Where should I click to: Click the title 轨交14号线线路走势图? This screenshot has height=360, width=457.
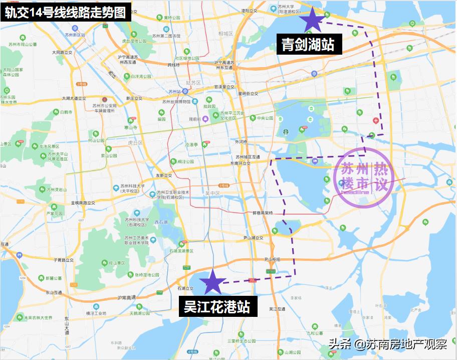click(x=66, y=12)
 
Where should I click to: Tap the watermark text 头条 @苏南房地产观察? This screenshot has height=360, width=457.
click(x=387, y=344)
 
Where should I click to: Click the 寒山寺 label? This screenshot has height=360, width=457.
click(x=131, y=127)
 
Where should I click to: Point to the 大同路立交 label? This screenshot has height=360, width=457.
click(x=62, y=52)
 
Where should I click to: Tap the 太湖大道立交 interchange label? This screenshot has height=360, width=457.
click(x=73, y=98)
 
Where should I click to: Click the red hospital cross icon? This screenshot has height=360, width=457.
click(x=376, y=120)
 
